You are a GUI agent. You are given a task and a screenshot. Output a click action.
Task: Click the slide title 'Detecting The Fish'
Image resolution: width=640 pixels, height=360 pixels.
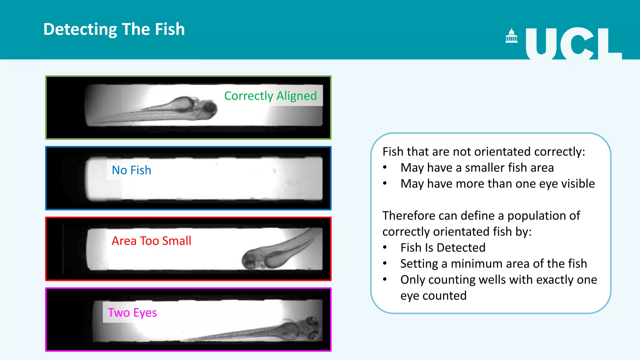[x=114, y=29]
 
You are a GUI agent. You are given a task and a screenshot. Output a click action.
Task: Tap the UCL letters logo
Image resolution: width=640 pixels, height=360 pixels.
[x=573, y=43]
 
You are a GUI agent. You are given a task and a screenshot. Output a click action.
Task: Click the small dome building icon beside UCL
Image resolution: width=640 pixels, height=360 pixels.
[x=512, y=36]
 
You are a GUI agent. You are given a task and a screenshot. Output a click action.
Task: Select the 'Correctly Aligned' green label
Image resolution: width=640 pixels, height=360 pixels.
[x=271, y=96]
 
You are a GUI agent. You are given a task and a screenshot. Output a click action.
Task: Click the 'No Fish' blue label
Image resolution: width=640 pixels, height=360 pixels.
[x=132, y=170]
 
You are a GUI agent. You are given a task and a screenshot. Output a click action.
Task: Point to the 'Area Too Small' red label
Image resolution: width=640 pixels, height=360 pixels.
[x=152, y=241]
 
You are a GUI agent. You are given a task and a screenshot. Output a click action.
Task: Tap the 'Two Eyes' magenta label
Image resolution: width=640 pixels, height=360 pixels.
[x=132, y=312]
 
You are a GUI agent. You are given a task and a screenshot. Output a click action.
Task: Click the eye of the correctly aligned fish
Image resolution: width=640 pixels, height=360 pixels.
[x=210, y=108]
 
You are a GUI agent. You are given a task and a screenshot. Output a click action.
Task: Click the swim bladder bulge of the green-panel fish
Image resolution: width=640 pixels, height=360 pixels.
[x=181, y=103]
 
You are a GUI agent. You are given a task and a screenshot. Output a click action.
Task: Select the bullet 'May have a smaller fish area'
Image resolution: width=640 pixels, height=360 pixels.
[x=477, y=168]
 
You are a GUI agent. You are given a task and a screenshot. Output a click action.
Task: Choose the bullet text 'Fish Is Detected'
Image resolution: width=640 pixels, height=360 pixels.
[x=443, y=248]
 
